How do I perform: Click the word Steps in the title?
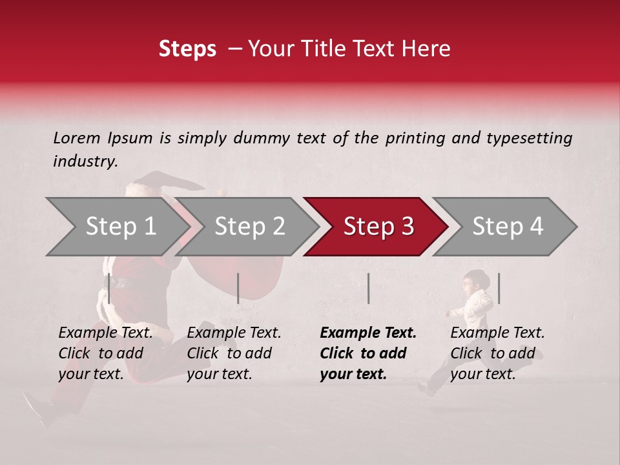click(x=187, y=49)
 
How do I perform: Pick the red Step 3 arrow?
click(x=378, y=227)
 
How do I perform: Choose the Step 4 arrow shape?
click(x=508, y=227)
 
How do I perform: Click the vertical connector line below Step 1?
click(x=109, y=288)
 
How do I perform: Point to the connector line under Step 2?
click(x=238, y=288)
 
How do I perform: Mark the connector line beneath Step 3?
click(x=369, y=288)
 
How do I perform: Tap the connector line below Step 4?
click(x=499, y=288)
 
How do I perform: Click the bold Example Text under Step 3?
click(x=368, y=353)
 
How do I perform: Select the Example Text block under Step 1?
click(x=105, y=353)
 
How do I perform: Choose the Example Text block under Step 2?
click(x=234, y=353)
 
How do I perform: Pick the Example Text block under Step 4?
click(x=497, y=353)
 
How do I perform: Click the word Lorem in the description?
click(x=77, y=138)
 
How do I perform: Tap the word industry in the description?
click(x=85, y=161)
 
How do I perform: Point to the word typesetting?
click(x=529, y=138)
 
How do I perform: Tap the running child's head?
click(x=476, y=280)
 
